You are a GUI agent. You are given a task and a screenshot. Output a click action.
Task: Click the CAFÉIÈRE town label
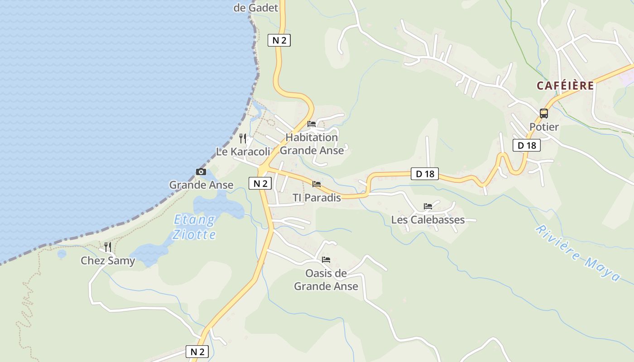(x=565, y=86)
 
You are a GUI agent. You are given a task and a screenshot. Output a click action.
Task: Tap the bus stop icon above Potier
(x=544, y=114)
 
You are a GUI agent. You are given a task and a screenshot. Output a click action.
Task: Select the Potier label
(x=544, y=127)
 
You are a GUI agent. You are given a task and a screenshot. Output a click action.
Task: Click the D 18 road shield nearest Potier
(x=527, y=145)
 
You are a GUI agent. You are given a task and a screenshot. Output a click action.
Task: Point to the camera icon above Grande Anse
(x=201, y=172)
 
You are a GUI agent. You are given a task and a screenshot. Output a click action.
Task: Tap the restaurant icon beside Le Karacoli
(x=243, y=138)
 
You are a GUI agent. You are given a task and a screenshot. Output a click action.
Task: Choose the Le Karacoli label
(x=243, y=152)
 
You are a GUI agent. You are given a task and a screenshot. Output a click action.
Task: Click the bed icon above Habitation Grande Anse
(x=312, y=124)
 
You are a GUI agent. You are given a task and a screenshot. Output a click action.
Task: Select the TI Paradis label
(x=317, y=198)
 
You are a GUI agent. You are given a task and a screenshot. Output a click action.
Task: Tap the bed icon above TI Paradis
(x=317, y=184)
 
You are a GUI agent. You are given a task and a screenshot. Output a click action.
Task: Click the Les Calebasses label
(x=428, y=220)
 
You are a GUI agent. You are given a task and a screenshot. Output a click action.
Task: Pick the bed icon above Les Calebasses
(x=428, y=206)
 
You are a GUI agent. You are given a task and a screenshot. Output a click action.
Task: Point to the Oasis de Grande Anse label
(x=326, y=280)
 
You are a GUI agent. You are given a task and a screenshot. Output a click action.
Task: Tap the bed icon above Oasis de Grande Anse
(x=326, y=260)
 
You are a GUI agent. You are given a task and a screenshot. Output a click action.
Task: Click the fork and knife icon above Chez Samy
(x=108, y=247)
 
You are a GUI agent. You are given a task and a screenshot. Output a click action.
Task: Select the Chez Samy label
(x=108, y=261)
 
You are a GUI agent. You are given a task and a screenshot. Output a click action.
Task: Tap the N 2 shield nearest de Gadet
(x=279, y=40)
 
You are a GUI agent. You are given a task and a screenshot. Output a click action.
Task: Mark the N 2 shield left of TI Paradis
(x=260, y=183)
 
